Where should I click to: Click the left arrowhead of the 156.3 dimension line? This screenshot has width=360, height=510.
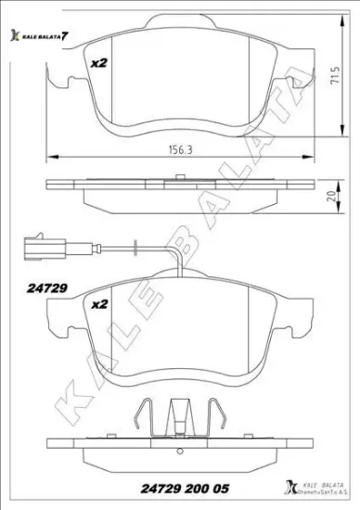[x=50, y=157]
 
